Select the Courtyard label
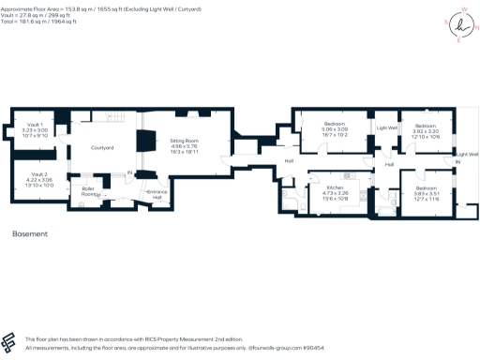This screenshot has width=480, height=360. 101,148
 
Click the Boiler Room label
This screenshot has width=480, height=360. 90,190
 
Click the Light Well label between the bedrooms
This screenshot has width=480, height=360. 387,127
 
